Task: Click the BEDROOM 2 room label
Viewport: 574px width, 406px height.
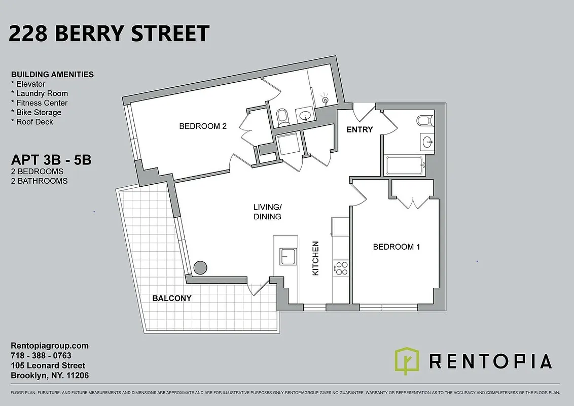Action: coord(202,126)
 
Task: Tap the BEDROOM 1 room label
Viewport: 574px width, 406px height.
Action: coord(397,247)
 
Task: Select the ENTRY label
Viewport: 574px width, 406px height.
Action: coord(360,129)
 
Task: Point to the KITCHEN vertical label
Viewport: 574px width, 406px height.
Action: coord(315,258)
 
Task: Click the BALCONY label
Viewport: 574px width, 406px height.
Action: coord(172,298)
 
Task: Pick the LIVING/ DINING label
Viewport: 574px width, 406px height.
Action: coord(267,212)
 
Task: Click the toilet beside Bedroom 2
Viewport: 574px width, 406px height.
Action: coord(283,117)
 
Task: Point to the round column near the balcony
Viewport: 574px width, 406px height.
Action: coord(201,267)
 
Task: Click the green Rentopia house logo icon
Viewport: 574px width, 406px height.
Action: coord(407,361)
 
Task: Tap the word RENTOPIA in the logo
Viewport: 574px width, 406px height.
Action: coord(490,361)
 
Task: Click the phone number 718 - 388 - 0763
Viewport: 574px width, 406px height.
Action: coord(41,356)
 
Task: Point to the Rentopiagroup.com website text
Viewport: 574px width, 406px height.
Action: coord(50,346)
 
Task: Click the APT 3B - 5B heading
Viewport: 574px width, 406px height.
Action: coord(51,161)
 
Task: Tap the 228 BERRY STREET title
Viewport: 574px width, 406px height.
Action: coord(109,33)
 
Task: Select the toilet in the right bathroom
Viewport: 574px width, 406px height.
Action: coord(424,121)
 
